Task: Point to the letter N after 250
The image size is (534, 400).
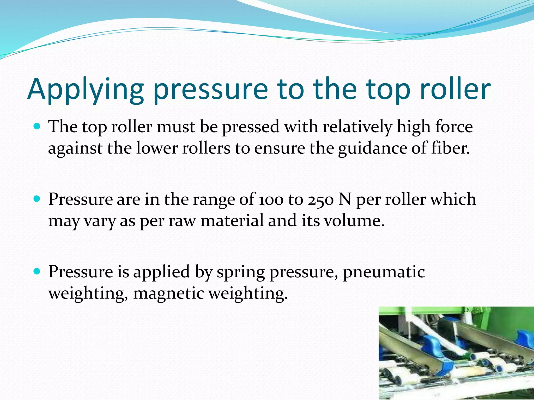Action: click(x=345, y=199)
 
